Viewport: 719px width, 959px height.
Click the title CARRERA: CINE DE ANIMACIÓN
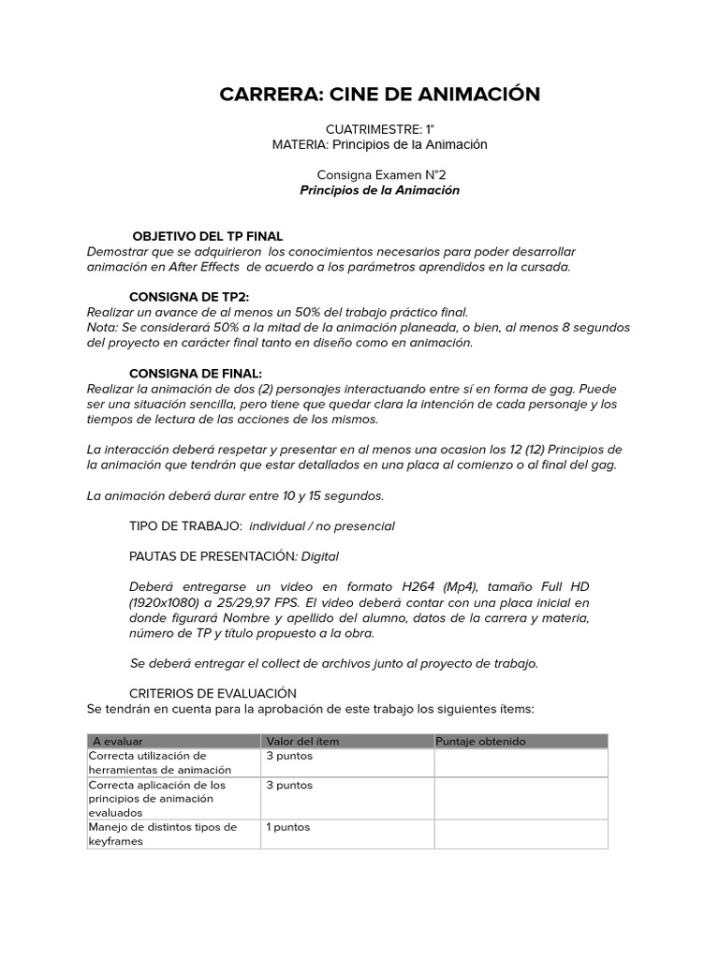(379, 95)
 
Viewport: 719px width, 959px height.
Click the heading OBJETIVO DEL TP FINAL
(208, 236)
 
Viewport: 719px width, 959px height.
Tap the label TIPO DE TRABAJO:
(185, 525)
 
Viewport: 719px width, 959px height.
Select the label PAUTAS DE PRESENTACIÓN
(213, 556)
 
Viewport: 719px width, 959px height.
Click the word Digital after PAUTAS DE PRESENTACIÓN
(320, 556)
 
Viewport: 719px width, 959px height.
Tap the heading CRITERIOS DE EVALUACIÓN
(213, 693)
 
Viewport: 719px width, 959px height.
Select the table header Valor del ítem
(302, 741)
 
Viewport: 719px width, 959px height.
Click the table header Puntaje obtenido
(480, 741)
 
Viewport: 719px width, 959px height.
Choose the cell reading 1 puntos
(288, 827)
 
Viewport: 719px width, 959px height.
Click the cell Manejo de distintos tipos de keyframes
(163, 834)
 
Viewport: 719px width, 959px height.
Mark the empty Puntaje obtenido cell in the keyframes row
(521, 834)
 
